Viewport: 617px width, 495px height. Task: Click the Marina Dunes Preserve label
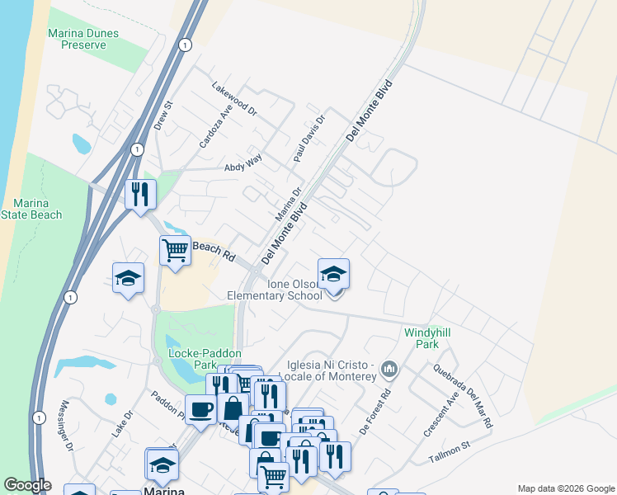[x=82, y=39]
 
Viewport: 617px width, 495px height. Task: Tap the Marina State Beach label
[x=37, y=209]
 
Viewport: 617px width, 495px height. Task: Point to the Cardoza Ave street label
[x=215, y=126]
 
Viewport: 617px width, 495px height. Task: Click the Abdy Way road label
[x=243, y=167]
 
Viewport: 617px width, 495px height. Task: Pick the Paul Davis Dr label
[x=310, y=139]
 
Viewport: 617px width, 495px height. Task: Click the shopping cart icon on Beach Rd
[x=175, y=249]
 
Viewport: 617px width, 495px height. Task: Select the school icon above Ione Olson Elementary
[x=333, y=274]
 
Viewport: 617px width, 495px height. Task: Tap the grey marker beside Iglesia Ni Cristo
[x=391, y=368]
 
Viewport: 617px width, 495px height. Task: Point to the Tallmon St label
[x=449, y=451]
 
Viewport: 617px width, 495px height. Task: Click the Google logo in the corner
[x=27, y=485]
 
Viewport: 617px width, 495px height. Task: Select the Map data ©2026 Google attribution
[x=565, y=488]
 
